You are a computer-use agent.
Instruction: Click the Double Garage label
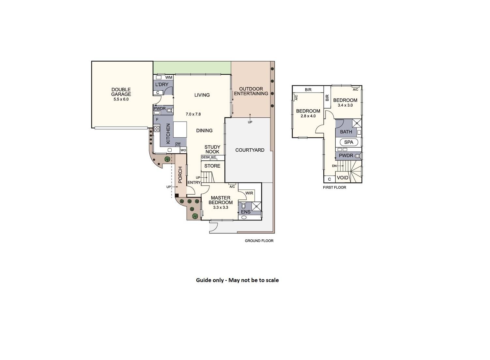point(121,92)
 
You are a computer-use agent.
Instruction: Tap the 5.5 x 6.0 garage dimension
point(121,99)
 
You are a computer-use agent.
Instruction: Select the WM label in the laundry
point(169,78)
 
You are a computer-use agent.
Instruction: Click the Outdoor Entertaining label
point(251,91)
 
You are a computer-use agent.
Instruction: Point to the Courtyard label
point(250,150)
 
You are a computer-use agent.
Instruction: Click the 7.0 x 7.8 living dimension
point(193,114)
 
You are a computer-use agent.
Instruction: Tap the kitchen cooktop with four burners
point(157,128)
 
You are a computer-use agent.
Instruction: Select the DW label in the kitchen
point(178,143)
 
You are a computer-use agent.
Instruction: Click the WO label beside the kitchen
point(183,150)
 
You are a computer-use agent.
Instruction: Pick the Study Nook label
point(212,149)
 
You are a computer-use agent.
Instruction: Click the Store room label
point(212,166)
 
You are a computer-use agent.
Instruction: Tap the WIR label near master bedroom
point(249,193)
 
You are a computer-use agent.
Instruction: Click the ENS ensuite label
point(246,212)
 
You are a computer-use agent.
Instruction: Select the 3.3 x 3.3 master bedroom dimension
point(221,207)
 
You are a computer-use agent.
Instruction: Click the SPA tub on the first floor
point(349,142)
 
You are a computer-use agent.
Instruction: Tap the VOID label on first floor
point(343,178)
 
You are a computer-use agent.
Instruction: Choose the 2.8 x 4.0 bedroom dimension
point(308,116)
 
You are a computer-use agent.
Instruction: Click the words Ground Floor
point(259,241)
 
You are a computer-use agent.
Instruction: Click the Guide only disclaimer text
point(237,280)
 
